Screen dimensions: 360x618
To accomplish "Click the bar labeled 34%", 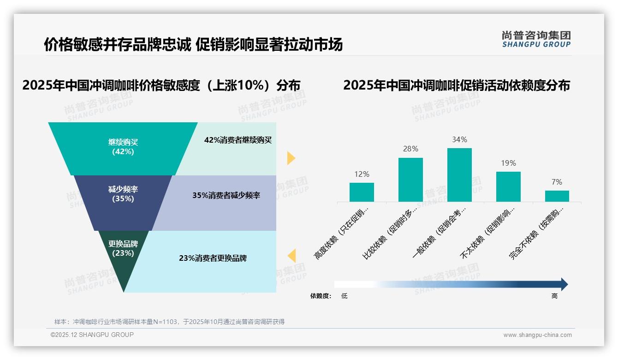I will click(459, 174).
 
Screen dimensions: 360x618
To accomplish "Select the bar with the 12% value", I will click(362, 192).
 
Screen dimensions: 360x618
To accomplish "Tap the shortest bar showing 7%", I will click(557, 196).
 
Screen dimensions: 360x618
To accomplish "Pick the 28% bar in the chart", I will click(410, 180).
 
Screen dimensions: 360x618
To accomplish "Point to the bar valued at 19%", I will click(508, 186).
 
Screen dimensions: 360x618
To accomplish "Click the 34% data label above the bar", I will click(459, 139).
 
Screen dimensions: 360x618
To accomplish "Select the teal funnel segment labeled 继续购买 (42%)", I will click(123, 148).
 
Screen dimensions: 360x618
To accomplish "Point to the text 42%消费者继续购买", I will click(238, 140).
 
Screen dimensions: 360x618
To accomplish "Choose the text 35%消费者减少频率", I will click(226, 195).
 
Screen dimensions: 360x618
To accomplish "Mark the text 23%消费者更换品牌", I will click(213, 258).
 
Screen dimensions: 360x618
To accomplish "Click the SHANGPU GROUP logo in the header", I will click(536, 39).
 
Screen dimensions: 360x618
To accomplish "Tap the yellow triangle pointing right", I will click(291, 158).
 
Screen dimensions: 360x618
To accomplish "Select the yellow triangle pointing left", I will click(291, 255).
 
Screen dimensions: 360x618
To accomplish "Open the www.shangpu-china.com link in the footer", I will click(537, 335).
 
